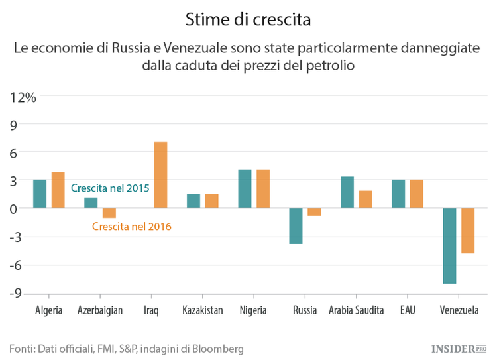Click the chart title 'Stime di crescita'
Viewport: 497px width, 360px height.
click(x=248, y=19)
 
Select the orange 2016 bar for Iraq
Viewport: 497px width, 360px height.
click(x=160, y=175)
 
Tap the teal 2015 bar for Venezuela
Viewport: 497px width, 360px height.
click(x=449, y=245)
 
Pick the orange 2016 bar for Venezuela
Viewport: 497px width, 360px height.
click(x=468, y=231)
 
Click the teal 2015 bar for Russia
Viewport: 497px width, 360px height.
click(x=296, y=226)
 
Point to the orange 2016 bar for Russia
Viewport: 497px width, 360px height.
click(x=314, y=212)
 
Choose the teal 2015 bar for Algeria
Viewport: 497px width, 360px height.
click(x=40, y=194)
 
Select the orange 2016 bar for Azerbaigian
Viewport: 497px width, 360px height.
click(x=109, y=213)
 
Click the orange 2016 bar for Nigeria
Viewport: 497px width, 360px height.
click(x=263, y=189)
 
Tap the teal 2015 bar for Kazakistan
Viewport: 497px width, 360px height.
click(x=193, y=201)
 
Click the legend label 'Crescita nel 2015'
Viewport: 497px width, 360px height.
click(x=110, y=188)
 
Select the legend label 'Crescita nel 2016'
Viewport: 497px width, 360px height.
click(x=132, y=227)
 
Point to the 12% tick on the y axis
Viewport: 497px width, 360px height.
click(x=23, y=97)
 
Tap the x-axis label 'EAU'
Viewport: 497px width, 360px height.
click(x=408, y=310)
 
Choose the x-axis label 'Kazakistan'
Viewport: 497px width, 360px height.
click(x=203, y=310)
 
